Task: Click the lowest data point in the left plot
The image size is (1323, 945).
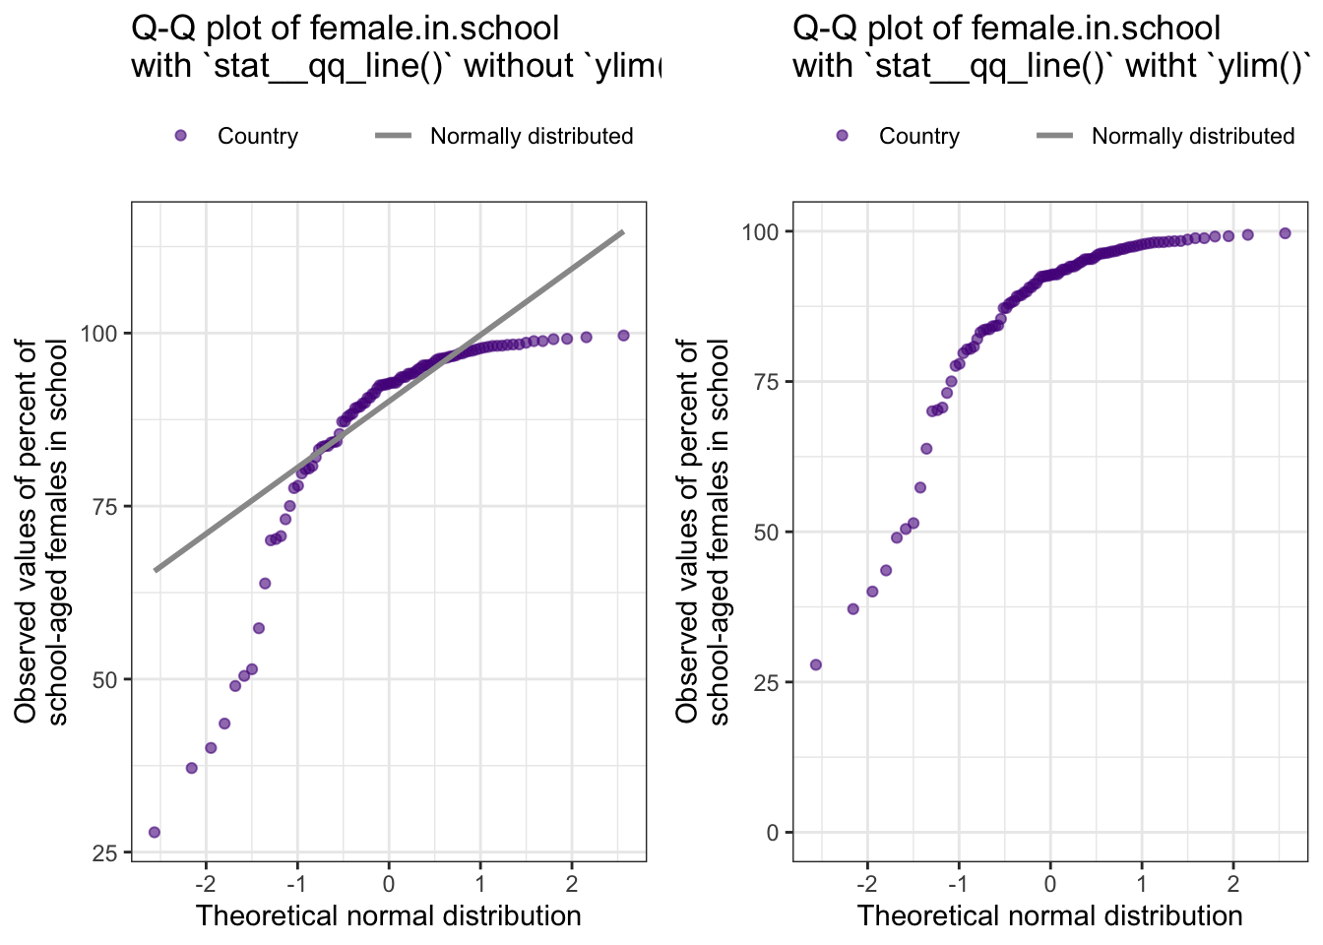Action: tap(155, 832)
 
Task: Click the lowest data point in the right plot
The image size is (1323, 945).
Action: tap(815, 664)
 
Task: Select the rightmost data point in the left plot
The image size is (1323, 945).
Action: tap(623, 336)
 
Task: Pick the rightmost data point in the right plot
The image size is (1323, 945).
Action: tap(1285, 233)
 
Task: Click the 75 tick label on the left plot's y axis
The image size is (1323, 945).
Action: tap(105, 506)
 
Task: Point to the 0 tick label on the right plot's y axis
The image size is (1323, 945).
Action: tap(772, 833)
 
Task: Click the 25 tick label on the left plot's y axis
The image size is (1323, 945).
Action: tap(105, 853)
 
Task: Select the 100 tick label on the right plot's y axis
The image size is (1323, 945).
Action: tap(761, 232)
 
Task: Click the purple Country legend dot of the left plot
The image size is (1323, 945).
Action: tap(180, 136)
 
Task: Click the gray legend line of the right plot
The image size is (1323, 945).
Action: tap(1054, 136)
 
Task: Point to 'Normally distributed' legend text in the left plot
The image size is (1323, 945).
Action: tap(532, 137)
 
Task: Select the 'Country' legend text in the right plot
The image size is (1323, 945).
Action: tap(919, 137)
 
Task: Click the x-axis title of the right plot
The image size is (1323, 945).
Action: tap(1049, 915)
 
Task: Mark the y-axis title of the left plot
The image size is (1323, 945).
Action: tap(41, 532)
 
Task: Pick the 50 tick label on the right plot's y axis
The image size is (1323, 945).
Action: tap(766, 533)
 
